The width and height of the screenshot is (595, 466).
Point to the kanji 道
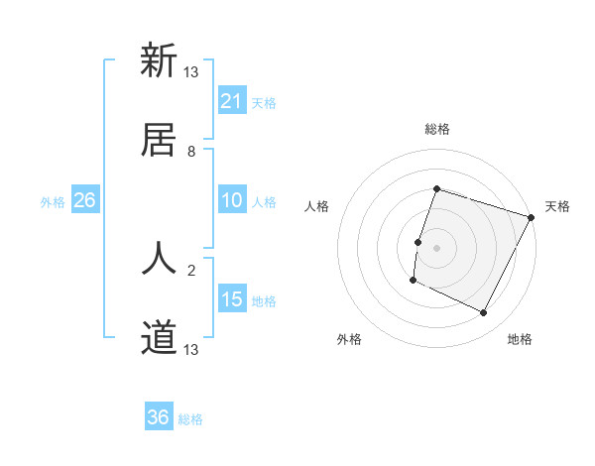(x=159, y=337)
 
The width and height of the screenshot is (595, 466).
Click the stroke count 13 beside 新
(x=191, y=72)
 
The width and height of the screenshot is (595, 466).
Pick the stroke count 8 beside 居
(x=191, y=151)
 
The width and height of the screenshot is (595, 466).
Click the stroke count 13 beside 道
(x=191, y=349)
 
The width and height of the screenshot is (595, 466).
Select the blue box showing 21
(x=232, y=101)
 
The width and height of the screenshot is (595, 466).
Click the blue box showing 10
(x=232, y=200)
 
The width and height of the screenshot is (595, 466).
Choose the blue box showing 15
(x=232, y=299)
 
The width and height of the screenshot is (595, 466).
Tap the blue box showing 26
(x=85, y=200)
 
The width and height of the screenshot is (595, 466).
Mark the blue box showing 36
(x=159, y=417)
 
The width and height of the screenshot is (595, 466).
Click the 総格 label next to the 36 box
(x=190, y=419)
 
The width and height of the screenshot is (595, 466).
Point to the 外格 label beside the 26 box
(x=53, y=202)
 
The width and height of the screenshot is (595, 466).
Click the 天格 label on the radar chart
(x=557, y=206)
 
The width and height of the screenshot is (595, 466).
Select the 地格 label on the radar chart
(x=520, y=339)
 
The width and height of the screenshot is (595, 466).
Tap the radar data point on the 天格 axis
(x=531, y=217)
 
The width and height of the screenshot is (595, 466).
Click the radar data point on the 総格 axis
(x=436, y=188)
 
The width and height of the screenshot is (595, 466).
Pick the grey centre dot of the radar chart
(x=436, y=247)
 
